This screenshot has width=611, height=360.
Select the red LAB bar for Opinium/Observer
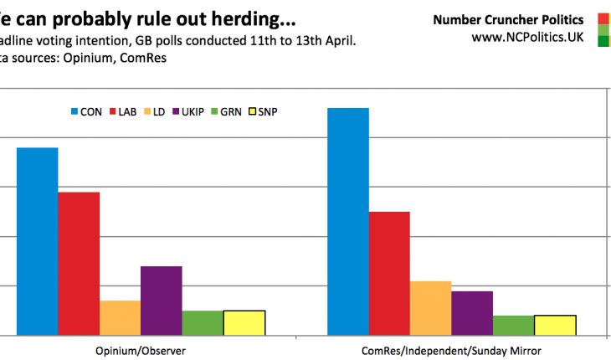pos(79,264)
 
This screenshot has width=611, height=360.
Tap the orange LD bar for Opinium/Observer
pos(120,318)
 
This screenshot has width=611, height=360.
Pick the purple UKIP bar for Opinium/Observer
pos(161,301)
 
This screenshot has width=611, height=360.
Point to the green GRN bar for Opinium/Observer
pos(202,323)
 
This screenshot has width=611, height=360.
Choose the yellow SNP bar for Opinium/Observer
pos(244,323)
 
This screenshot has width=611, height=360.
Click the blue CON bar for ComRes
pos(347,222)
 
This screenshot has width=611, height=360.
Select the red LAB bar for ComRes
pos(389,274)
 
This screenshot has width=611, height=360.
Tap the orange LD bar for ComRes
pos(430,308)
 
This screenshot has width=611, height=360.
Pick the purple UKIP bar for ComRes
pos(471,313)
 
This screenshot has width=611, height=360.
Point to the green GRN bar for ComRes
pos(513,326)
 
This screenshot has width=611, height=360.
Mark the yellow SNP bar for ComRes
pos(554,326)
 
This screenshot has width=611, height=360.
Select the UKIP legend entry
pos(189,111)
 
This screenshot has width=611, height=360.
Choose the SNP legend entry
pos(266,111)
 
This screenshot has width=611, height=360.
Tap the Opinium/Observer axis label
pos(141,349)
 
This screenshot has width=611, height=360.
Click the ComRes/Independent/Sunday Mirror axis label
pos(452,349)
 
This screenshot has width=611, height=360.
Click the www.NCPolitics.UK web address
pos(527,37)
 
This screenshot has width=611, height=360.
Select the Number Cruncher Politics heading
pos(509,19)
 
